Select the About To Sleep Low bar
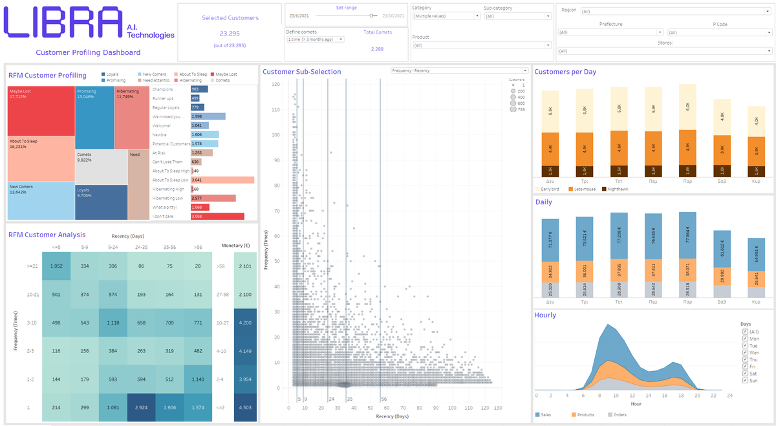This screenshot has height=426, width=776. point(222,180)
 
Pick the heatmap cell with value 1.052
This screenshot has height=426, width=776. point(56,266)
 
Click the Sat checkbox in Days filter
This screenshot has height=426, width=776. point(746,372)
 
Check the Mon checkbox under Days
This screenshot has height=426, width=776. point(746,338)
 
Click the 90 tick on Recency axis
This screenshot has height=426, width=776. point(435,408)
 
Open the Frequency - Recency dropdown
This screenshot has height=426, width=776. point(460,70)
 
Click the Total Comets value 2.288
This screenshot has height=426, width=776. point(377,49)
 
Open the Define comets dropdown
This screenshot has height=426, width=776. point(315,39)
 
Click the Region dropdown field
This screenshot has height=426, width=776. point(675,11)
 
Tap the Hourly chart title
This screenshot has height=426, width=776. point(545,315)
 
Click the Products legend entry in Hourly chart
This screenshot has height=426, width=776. point(585,414)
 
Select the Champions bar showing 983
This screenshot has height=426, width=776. point(199,89)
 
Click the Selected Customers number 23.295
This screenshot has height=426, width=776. point(230,33)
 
